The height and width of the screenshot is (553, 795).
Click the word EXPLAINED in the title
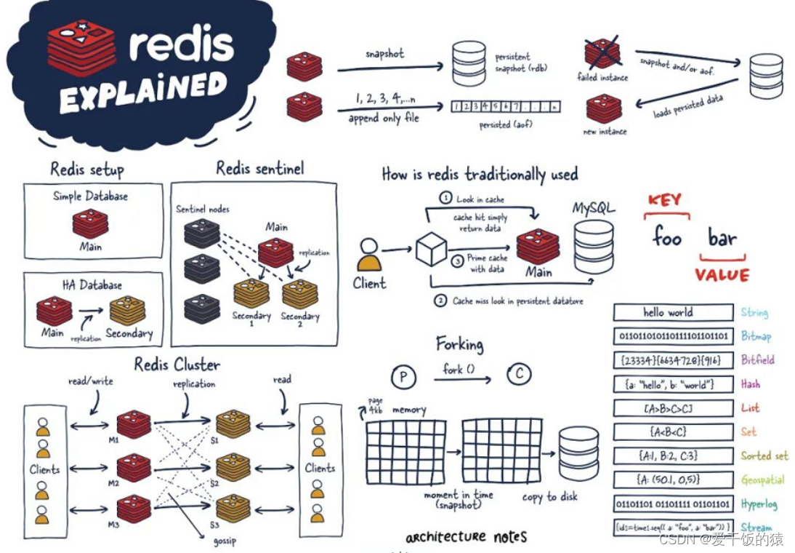[x=143, y=92]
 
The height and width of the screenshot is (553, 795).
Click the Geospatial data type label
[x=763, y=480]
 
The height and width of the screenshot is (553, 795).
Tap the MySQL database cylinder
[x=594, y=247]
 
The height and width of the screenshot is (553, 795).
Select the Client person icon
[x=369, y=255]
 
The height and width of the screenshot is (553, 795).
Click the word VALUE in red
[x=721, y=275]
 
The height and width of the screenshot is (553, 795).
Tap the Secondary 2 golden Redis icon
[x=299, y=293]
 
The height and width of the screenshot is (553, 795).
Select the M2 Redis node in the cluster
[x=134, y=468]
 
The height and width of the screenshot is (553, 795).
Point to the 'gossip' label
[x=225, y=542]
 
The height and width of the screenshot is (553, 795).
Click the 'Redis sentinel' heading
[x=259, y=169]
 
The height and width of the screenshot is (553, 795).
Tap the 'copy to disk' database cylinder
[x=578, y=453]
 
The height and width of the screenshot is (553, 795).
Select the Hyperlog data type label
[x=760, y=504]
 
